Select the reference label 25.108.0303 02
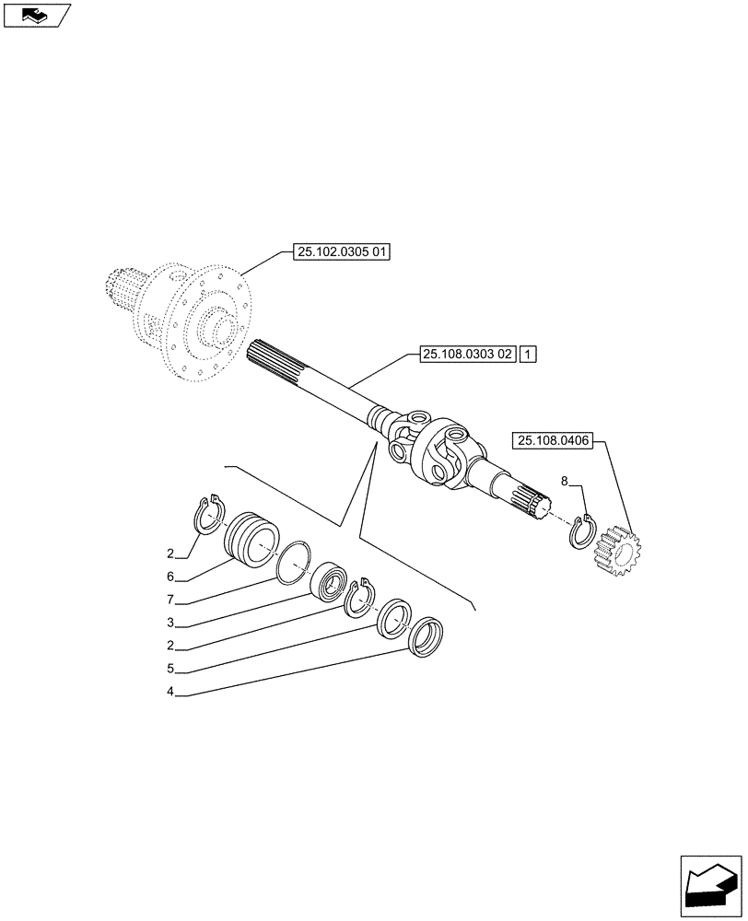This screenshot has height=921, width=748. click(466, 354)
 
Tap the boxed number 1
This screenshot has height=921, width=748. click(528, 354)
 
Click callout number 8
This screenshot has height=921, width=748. click(564, 480)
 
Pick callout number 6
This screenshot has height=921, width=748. click(170, 577)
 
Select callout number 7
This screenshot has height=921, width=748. click(170, 600)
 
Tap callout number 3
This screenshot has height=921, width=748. click(170, 623)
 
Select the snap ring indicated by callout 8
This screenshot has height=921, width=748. click(582, 532)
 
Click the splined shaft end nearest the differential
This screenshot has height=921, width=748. click(272, 360)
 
